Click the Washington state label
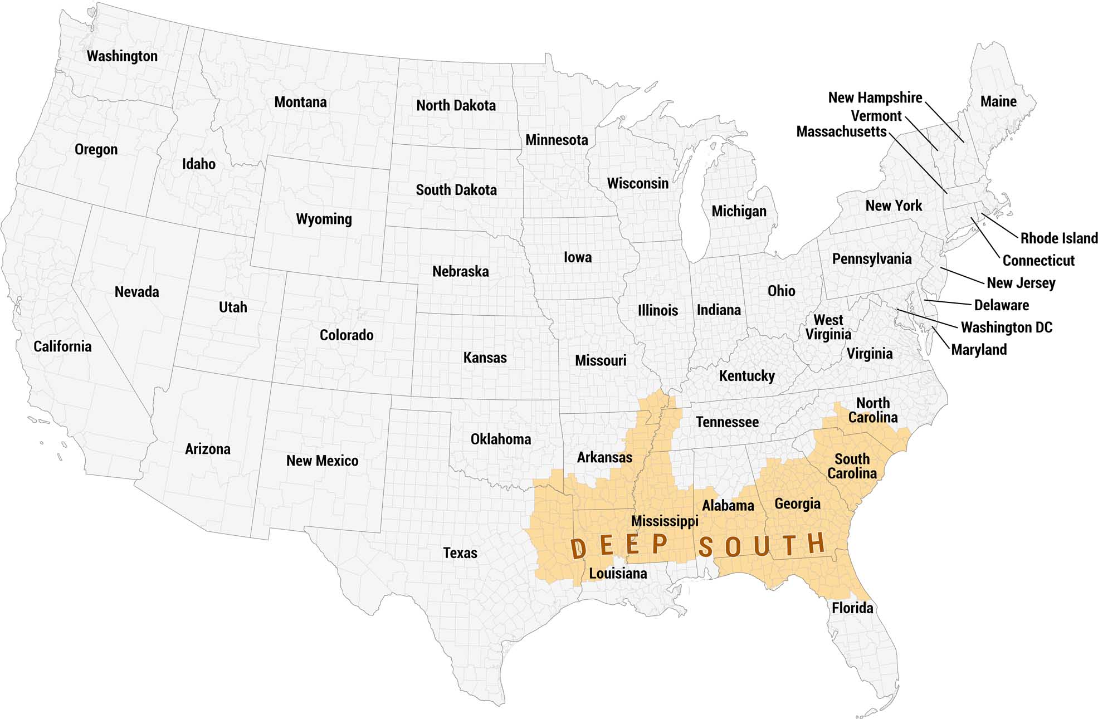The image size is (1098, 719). click(x=122, y=56)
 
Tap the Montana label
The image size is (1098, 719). click(x=300, y=102)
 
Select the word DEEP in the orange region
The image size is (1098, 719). click(x=619, y=546)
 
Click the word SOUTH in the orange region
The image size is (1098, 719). click(x=762, y=545)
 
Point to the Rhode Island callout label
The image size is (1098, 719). click(x=1058, y=238)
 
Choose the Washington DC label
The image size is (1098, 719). click(x=1006, y=327)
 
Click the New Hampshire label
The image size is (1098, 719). click(x=875, y=98)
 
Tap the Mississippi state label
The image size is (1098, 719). click(x=664, y=521)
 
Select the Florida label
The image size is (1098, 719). click(x=852, y=608)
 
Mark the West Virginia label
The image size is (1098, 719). click(x=828, y=327)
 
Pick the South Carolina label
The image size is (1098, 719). click(x=852, y=466)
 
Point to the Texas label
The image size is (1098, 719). click(x=460, y=553)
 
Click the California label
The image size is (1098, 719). click(x=62, y=346)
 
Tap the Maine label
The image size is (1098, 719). click(x=998, y=102)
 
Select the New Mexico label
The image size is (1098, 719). click(x=322, y=461)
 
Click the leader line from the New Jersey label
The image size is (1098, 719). click(x=962, y=276)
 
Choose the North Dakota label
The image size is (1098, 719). click(x=456, y=106)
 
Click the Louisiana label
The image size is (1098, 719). click(x=618, y=574)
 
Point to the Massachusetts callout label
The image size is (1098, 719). click(x=841, y=132)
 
